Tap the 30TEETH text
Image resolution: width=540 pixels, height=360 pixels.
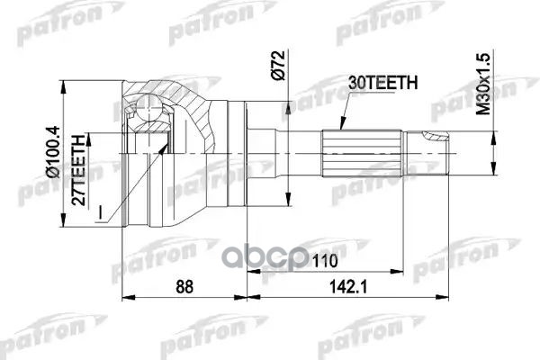point(379,84)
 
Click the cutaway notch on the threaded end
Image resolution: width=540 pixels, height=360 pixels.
point(432,138)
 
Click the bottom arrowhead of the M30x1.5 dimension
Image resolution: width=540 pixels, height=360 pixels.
point(492,169)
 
